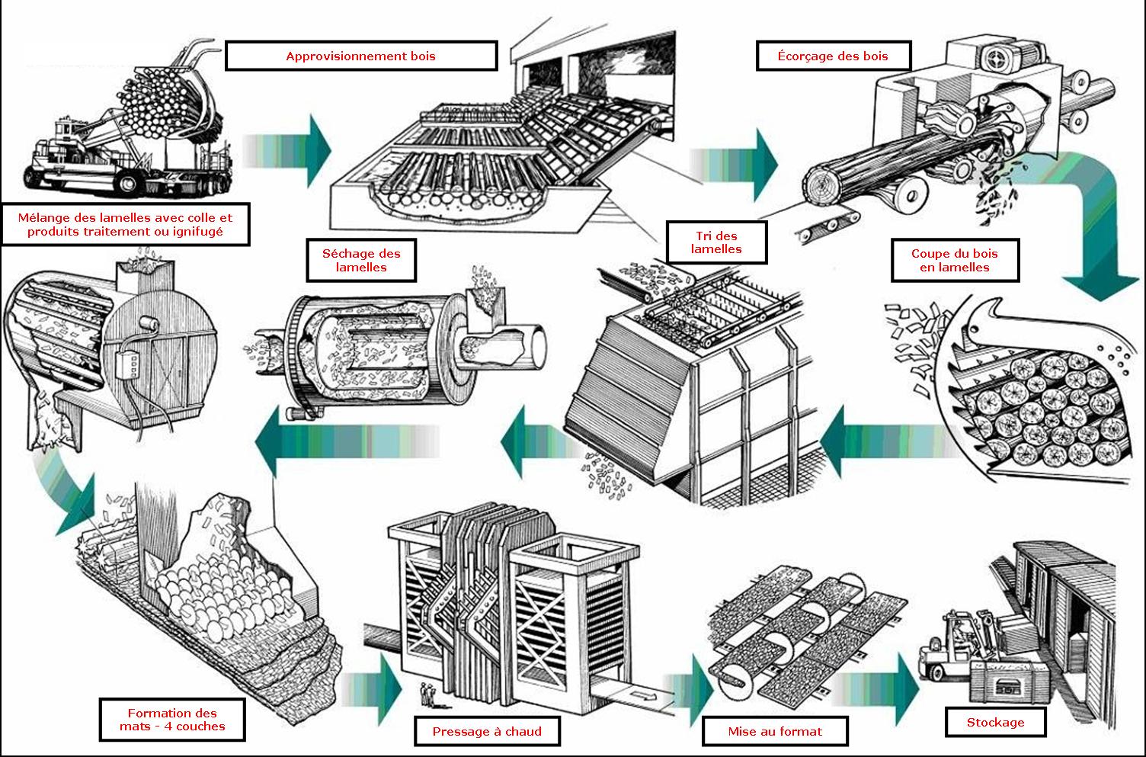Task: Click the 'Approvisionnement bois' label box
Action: pyautogui.click(x=361, y=56)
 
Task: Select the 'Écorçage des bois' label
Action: pyautogui.click(x=834, y=56)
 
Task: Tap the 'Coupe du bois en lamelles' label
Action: pyautogui.click(x=955, y=260)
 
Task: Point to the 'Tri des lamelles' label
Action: pyautogui.click(x=716, y=242)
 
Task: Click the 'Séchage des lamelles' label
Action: pyautogui.click(x=361, y=260)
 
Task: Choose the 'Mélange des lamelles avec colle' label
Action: pyautogui.click(x=125, y=224)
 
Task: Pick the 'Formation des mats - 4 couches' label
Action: pyautogui.click(x=172, y=720)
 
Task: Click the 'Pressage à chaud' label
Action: pyautogui.click(x=487, y=731)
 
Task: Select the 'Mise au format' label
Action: pyautogui.click(x=775, y=731)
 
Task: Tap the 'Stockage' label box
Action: pyautogui.click(x=996, y=722)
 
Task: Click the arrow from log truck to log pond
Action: pyautogui.click(x=287, y=151)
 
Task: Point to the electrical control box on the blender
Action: pyautogui.click(x=129, y=364)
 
